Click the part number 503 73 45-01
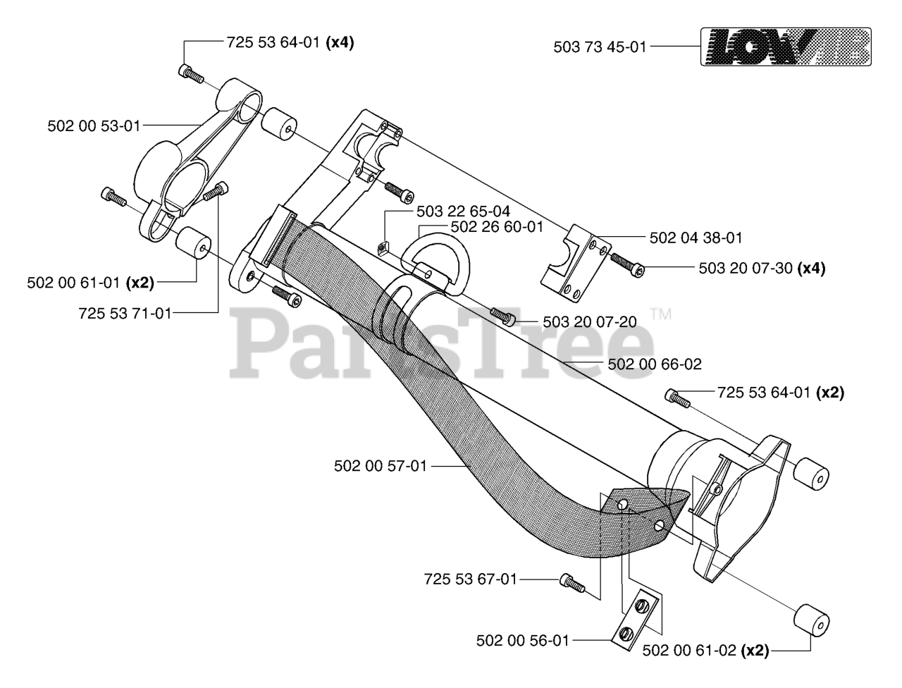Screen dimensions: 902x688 point(600,48)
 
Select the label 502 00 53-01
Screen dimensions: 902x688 point(94,126)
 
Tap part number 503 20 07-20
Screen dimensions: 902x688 point(590,322)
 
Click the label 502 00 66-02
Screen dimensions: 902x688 point(654,364)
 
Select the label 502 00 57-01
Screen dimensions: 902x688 point(380,466)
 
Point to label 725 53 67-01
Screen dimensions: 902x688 point(470,579)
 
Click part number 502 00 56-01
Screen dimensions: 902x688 point(522,641)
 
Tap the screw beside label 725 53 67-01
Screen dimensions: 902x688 point(572,582)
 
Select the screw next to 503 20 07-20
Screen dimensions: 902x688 point(502,314)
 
